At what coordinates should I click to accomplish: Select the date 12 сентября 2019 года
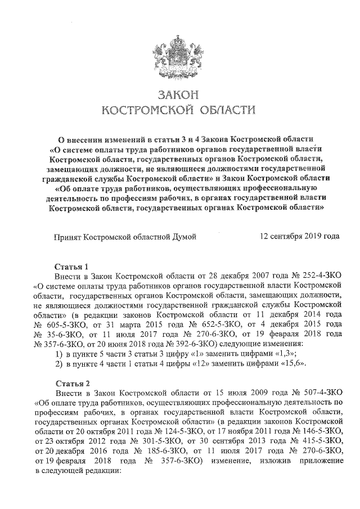point(300,237)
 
